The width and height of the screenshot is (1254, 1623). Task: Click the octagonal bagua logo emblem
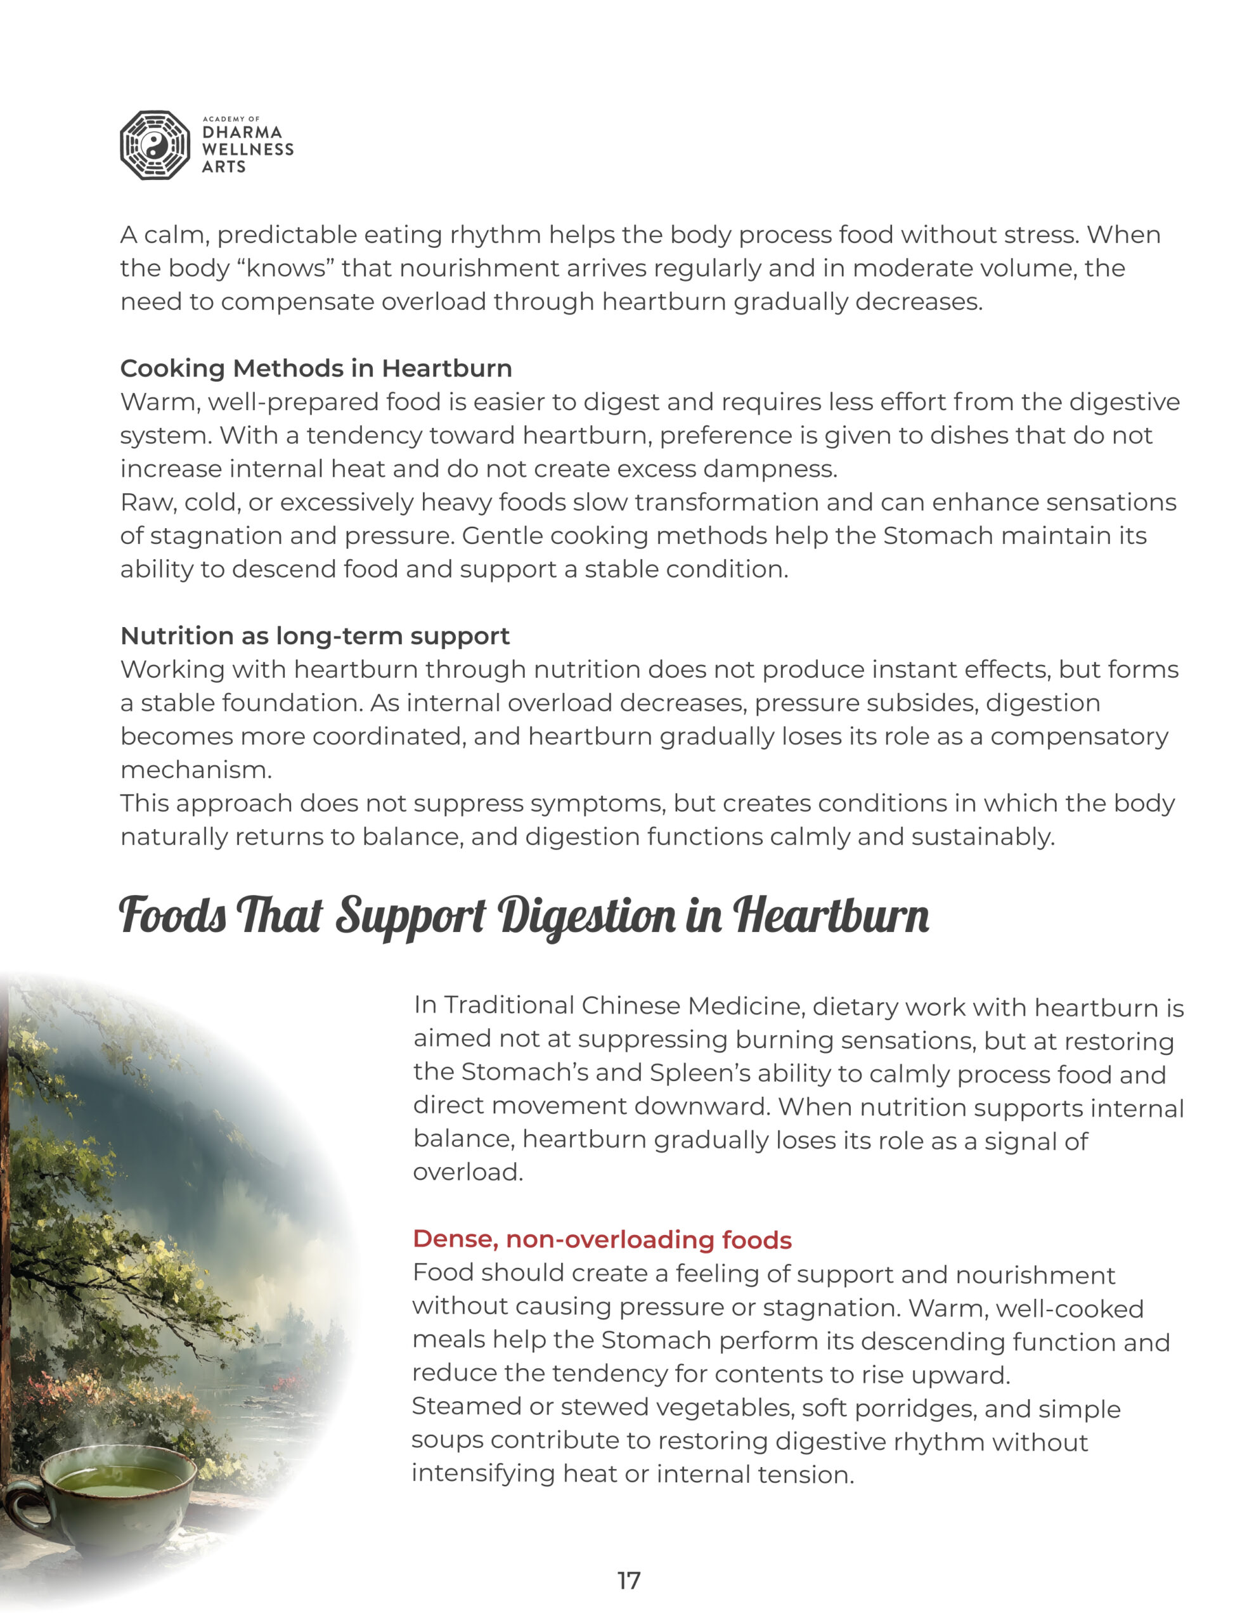pos(155,146)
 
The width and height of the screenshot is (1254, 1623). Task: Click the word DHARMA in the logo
pos(242,133)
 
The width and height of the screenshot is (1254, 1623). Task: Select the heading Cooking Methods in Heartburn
pos(316,368)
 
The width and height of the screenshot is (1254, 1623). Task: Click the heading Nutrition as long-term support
pos(314,636)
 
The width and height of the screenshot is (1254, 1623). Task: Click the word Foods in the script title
pos(172,915)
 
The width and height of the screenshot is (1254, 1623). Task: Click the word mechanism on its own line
pos(195,770)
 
